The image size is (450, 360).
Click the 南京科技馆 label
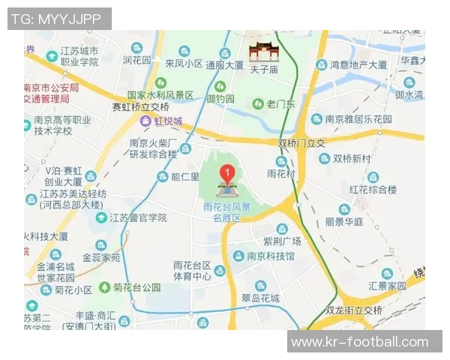pos(271,256)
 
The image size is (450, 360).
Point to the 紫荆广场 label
pos(281,241)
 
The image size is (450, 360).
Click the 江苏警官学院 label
pos(138,217)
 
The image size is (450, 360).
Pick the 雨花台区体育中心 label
pos(192,271)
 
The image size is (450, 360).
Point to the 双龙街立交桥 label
pos(353,310)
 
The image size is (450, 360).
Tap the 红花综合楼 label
pos(372,189)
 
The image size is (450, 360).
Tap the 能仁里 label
pos(185,177)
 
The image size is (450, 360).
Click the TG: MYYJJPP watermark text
pos(59,19)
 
